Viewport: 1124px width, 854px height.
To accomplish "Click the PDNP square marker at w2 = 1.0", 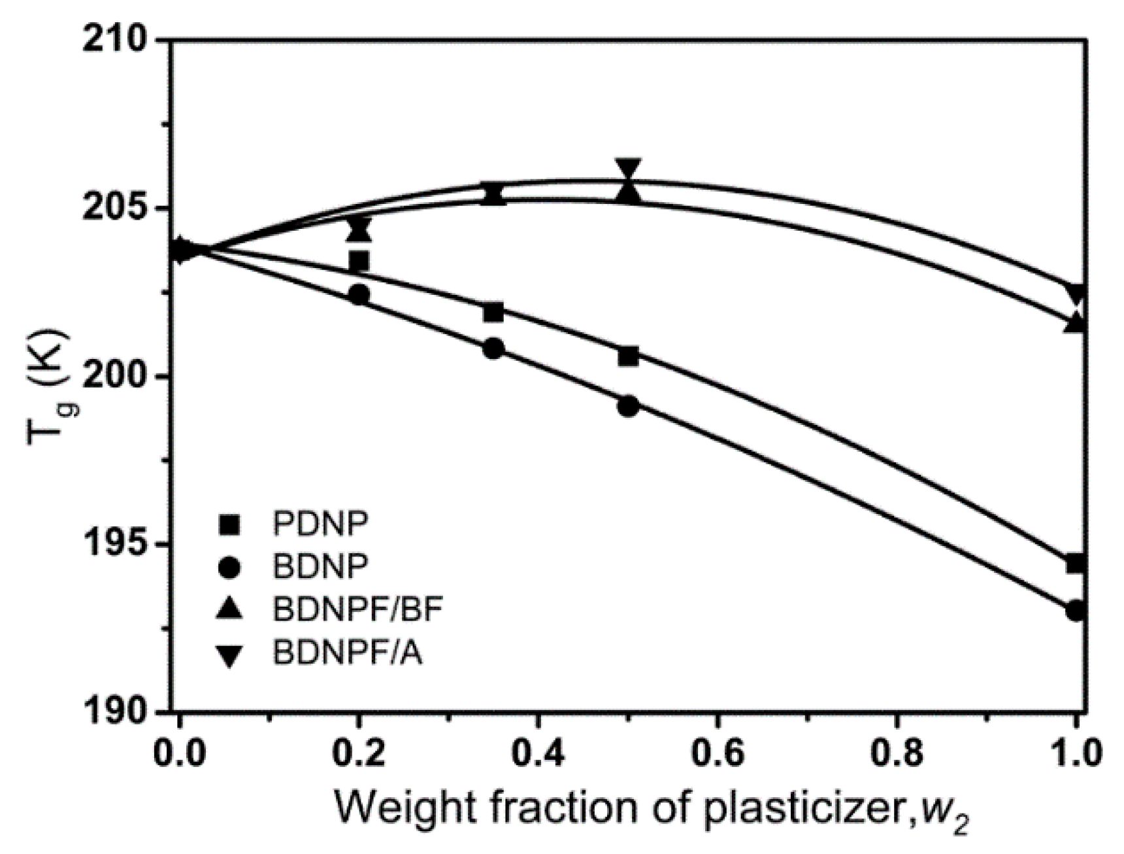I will pos(1075,563).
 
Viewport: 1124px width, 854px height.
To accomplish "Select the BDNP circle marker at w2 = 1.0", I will pos(1075,611).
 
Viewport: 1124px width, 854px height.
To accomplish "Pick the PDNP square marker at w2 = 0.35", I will pos(494,313).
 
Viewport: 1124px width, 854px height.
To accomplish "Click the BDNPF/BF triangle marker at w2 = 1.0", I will pos(1075,323).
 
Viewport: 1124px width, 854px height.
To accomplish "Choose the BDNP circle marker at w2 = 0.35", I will pos(494,349).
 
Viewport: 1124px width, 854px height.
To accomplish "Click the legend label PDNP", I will pos(321,524).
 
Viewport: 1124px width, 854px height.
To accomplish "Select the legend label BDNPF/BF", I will pos(358,609).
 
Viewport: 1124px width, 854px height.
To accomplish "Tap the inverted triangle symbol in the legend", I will pos(230,656).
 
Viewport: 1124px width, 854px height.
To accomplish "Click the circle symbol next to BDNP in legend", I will pos(230,568).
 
